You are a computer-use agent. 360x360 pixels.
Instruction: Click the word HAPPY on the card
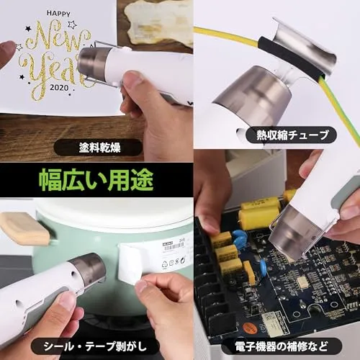[x=58, y=14]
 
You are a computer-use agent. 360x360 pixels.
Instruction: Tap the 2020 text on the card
[x=59, y=88]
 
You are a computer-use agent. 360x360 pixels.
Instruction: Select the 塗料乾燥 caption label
[x=99, y=148]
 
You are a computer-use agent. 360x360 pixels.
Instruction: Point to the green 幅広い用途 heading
[x=96, y=180]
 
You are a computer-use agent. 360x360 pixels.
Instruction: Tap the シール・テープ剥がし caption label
[x=95, y=346]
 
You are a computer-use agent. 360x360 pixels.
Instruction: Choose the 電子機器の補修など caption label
[x=282, y=346]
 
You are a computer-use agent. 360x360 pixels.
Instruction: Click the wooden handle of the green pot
[x=24, y=228]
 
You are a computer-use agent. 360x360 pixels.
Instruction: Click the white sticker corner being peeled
[x=128, y=276]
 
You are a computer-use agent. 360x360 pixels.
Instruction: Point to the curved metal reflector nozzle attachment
[x=304, y=45]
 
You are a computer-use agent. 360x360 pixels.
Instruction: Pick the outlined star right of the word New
[x=72, y=24]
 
